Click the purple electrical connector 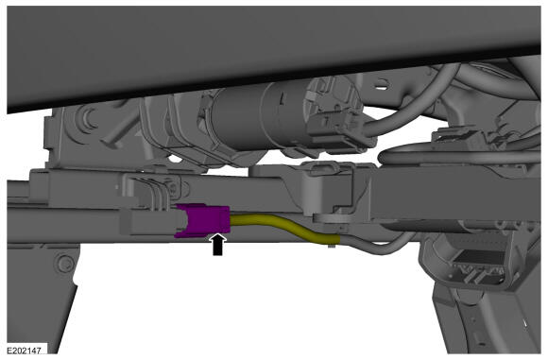(x=203, y=220)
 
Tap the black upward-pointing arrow (x=217, y=244)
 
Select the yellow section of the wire (x=284, y=228)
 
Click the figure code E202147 (x=25, y=350)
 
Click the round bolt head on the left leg (x=65, y=263)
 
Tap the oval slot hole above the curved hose (x=382, y=84)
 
